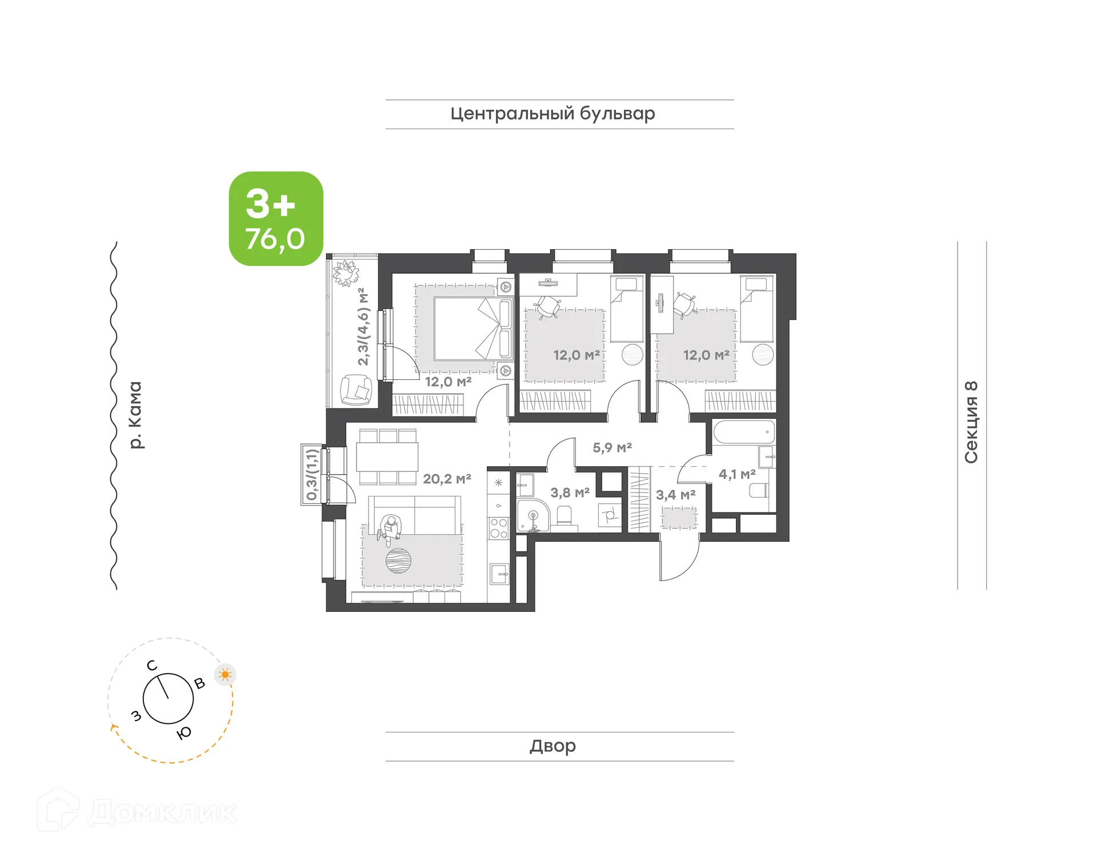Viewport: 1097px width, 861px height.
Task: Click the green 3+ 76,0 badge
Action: pos(276,218)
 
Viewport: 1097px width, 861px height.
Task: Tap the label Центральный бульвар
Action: pos(552,114)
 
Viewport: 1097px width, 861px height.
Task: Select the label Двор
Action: pos(552,746)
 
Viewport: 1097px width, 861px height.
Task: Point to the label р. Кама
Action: pos(135,415)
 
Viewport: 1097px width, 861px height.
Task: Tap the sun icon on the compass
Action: pos(225,675)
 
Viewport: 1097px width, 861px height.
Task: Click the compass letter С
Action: pos(151,666)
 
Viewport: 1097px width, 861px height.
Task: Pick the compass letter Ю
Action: pos(184,734)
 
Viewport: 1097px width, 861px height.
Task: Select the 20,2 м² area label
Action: pos(447,479)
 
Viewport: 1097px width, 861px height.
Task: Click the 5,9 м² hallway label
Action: pos(612,447)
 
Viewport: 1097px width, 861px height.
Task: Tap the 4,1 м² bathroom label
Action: pos(737,474)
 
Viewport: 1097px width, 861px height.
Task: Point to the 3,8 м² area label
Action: pos(570,492)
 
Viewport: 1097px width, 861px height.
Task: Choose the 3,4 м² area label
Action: pos(675,495)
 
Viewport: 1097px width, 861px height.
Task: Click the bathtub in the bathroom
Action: pos(743,432)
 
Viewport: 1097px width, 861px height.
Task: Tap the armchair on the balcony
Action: pos(356,390)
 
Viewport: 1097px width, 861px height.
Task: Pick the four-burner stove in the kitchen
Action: pos(499,528)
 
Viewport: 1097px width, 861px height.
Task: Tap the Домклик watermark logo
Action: pos(137,812)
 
